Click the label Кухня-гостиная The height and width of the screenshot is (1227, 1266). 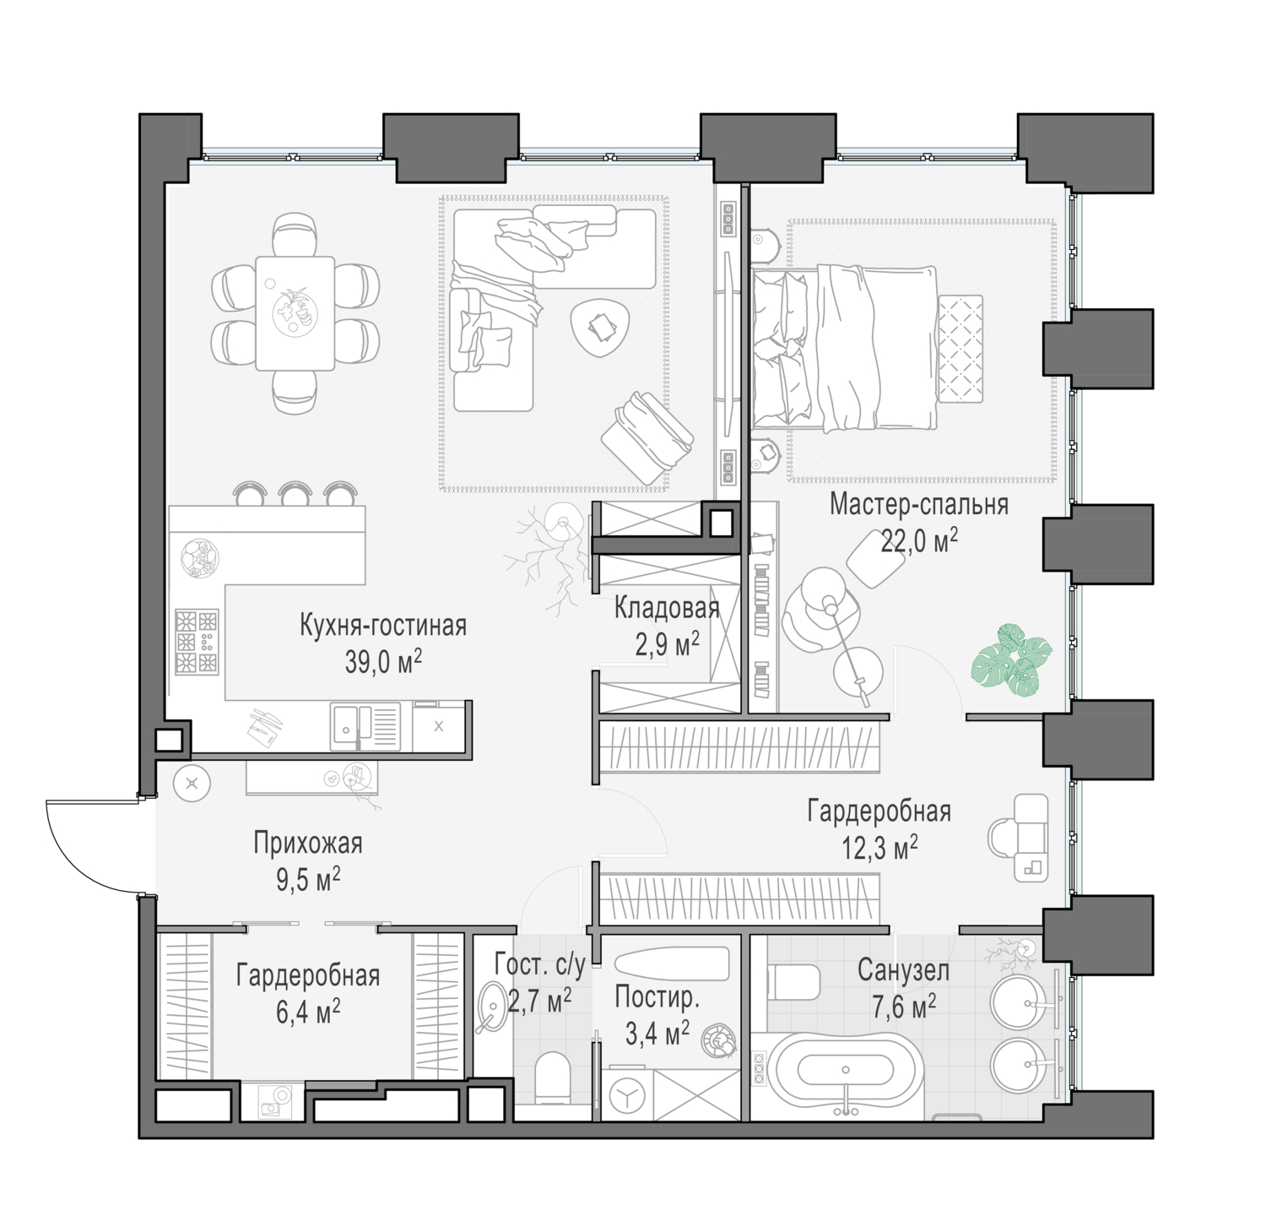[x=383, y=626]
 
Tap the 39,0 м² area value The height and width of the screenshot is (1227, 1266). [x=383, y=661]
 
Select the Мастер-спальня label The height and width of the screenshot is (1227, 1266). [x=919, y=504]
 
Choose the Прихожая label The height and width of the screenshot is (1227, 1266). [x=308, y=843]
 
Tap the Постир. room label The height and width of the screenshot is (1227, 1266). [x=657, y=997]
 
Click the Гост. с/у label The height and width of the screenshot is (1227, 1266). [x=539, y=964]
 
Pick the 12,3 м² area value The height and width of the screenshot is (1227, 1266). [x=879, y=847]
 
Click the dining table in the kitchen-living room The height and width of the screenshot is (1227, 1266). [x=295, y=313]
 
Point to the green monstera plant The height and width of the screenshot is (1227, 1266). [x=1012, y=660]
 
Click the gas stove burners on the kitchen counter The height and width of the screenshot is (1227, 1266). [x=197, y=642]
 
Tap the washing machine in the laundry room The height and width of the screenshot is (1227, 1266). [x=627, y=1095]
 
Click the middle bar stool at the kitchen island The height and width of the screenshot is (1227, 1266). [x=295, y=493]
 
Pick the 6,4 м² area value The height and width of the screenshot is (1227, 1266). [x=308, y=1011]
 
